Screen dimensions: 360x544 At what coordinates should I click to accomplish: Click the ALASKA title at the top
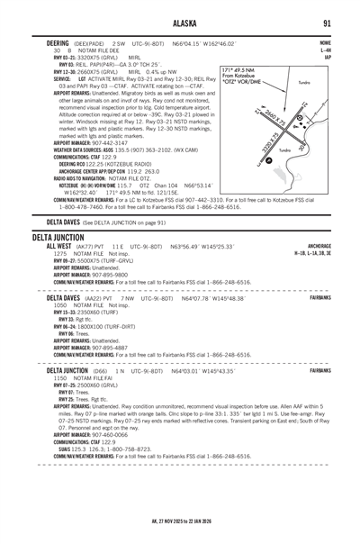click(x=180, y=23)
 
